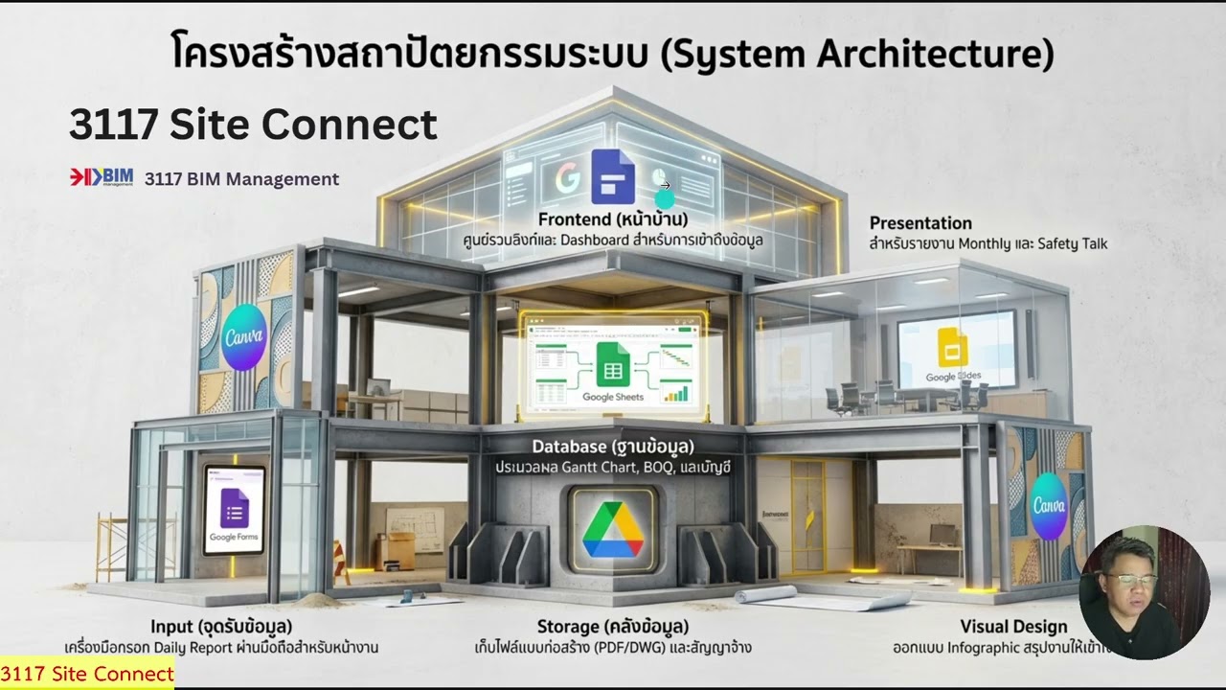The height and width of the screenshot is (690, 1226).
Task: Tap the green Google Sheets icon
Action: [x=613, y=365]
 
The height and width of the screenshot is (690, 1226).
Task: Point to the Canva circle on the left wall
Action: [x=243, y=335]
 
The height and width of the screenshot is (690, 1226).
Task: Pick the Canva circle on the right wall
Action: [x=1049, y=505]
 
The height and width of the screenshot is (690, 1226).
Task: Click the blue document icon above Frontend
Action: [x=613, y=177]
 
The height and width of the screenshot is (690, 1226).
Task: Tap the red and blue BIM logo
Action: [x=102, y=177]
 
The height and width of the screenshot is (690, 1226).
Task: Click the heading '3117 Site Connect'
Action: [x=253, y=125]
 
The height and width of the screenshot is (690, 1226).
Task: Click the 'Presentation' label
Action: [x=920, y=223]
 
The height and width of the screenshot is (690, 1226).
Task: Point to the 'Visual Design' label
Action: [x=1013, y=627]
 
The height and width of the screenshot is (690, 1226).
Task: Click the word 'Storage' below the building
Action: [x=568, y=627]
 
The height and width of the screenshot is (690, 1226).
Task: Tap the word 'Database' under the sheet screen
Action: [x=569, y=447]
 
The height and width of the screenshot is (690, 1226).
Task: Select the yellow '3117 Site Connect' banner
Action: [x=87, y=674]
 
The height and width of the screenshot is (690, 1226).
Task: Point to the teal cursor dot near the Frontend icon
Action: [x=665, y=198]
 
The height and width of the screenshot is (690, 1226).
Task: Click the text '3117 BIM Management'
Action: [x=241, y=179]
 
